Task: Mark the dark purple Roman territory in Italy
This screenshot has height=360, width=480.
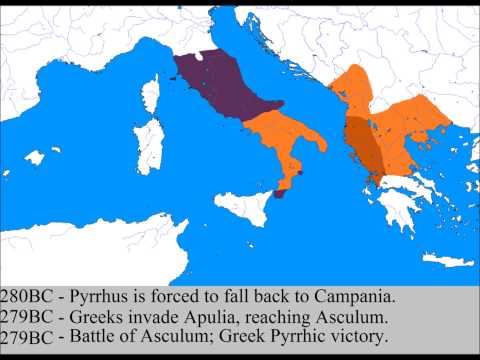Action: coord(214,85)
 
